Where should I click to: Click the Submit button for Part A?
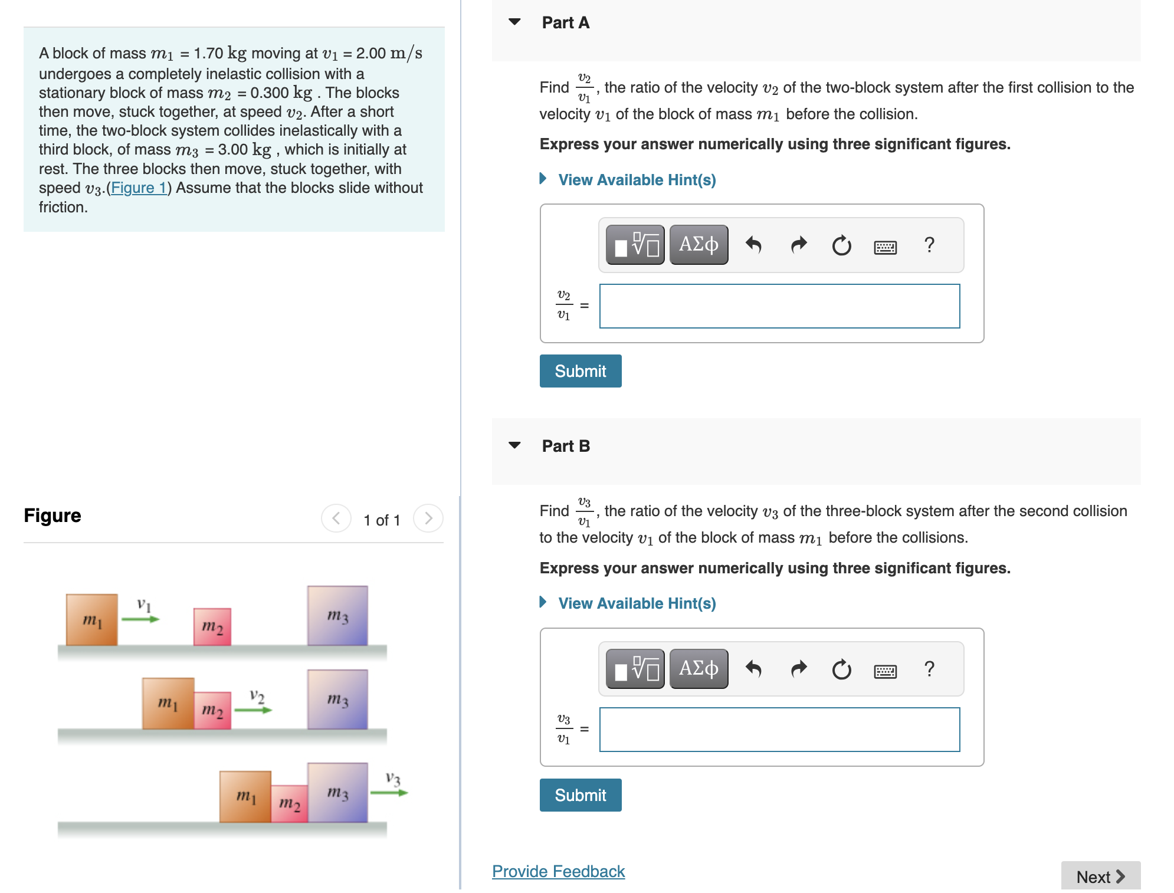tap(581, 371)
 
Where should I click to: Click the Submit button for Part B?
tap(581, 795)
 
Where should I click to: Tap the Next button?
tap(1100, 876)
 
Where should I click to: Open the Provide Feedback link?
tap(558, 871)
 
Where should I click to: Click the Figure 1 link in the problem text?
tap(139, 188)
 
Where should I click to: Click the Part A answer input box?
tap(779, 306)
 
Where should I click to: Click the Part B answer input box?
tap(779, 730)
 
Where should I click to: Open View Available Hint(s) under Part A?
tap(637, 180)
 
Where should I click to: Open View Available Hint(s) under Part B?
tap(637, 603)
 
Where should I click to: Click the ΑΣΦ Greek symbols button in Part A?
tap(699, 245)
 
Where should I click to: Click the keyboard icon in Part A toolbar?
tap(885, 247)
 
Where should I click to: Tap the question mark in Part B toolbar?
tap(929, 669)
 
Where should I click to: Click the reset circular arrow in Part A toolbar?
tap(841, 245)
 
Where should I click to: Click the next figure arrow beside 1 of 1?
tap(428, 518)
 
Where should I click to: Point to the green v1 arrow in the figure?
tap(140, 619)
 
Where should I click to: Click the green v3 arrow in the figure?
tap(389, 792)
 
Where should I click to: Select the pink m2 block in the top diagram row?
tap(212, 627)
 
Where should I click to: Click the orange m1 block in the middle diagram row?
tap(169, 703)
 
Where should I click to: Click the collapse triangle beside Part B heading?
tap(514, 445)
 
